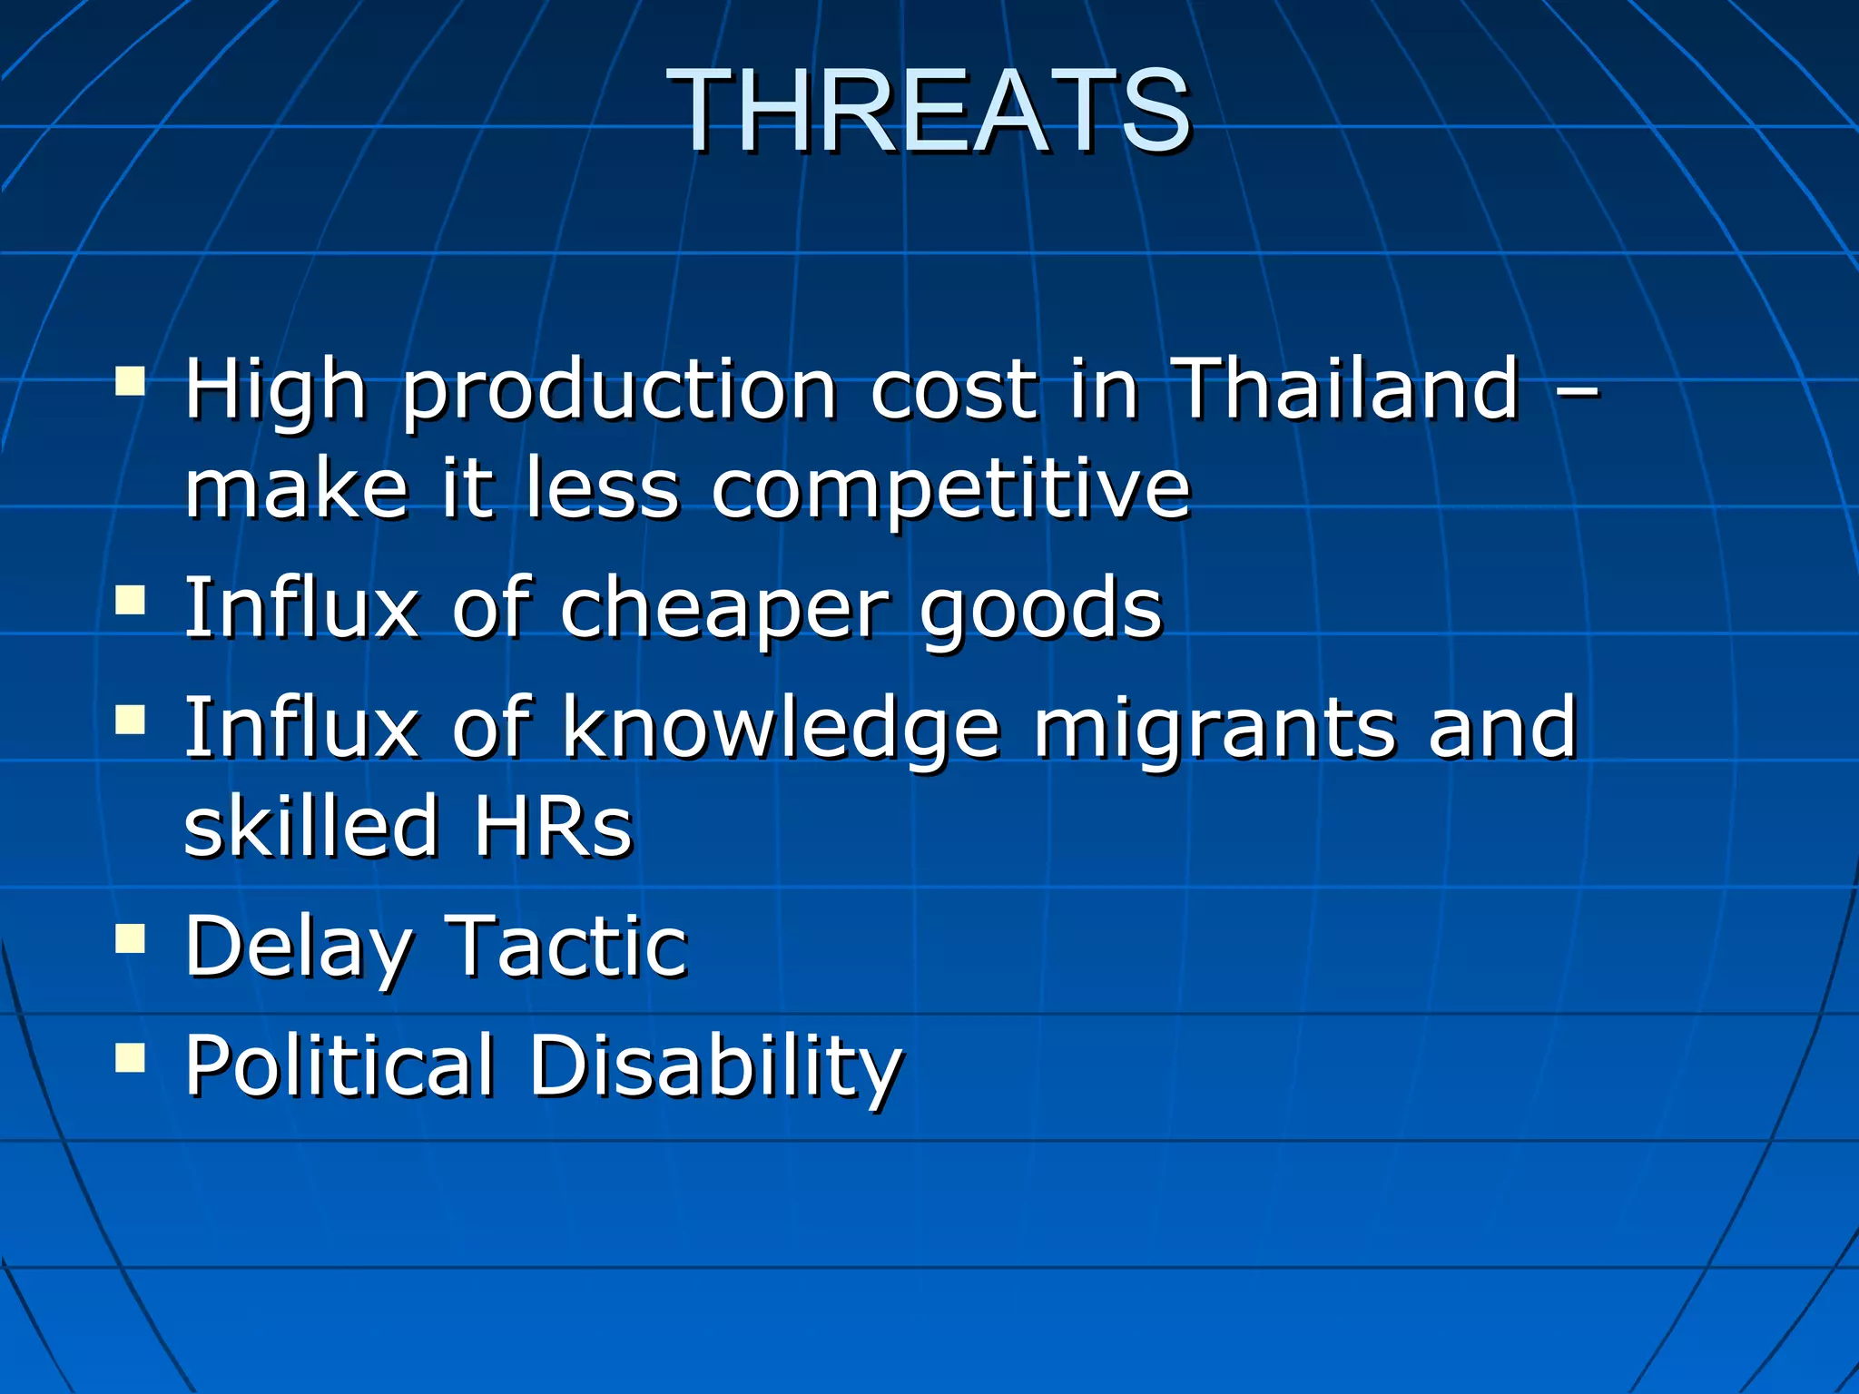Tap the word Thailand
pos(1344,389)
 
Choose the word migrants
pos(1215,730)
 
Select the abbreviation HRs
pos(553,826)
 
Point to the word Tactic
pos(567,946)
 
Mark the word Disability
pos(715,1066)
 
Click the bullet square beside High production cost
pos(131,381)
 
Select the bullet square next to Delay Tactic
pos(131,938)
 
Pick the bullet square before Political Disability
pos(131,1056)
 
